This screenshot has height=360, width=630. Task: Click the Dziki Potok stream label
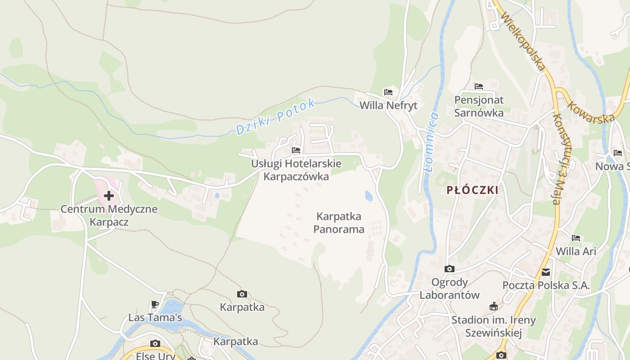[275, 117]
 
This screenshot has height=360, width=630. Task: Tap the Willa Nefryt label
[388, 105]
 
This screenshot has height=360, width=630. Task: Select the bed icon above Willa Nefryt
[388, 92]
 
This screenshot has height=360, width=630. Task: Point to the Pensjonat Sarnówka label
[479, 106]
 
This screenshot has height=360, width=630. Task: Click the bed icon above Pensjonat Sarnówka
[479, 86]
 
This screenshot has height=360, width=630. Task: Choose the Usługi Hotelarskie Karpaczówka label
[296, 170]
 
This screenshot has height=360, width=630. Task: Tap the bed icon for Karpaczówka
[296, 150]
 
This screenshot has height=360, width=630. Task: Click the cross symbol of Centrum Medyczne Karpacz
[109, 196]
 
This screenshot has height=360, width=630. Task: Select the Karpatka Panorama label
[339, 223]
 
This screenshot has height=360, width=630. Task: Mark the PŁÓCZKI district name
[472, 190]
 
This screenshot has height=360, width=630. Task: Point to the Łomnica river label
[431, 142]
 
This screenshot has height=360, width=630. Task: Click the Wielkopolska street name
[523, 43]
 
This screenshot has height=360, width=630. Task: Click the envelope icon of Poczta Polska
[546, 272]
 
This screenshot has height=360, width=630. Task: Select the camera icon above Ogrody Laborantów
[449, 269]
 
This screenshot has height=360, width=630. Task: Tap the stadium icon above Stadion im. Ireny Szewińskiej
[494, 306]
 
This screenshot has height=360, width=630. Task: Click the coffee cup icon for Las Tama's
[155, 305]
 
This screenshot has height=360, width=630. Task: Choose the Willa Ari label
[576, 251]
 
